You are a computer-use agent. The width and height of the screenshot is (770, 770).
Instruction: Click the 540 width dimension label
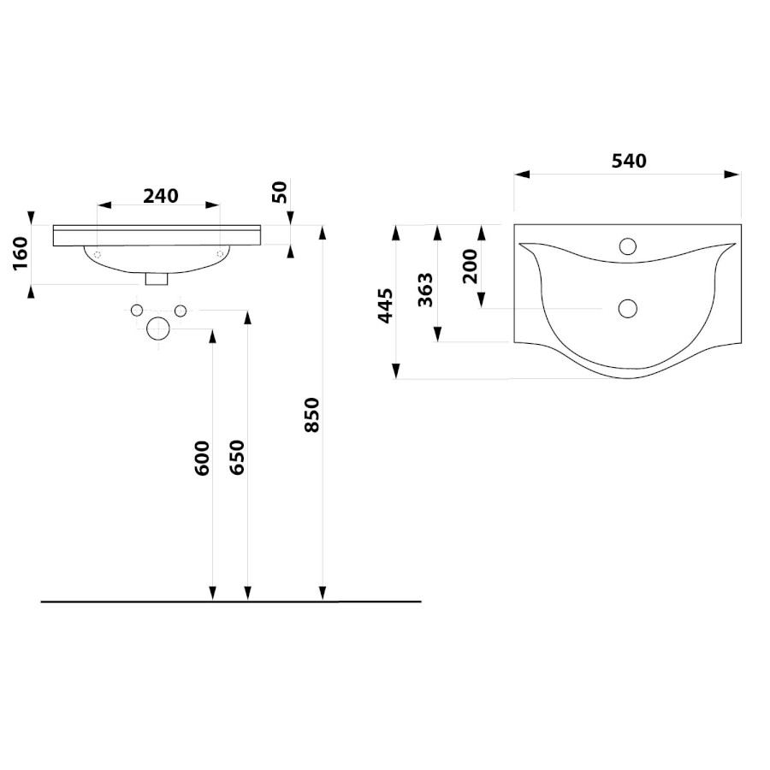point(629,161)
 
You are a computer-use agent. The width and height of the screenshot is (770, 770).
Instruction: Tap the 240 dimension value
point(161,196)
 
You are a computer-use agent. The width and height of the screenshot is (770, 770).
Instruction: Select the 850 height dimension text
point(312,415)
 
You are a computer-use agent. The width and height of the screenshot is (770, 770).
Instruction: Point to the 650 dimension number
point(237,457)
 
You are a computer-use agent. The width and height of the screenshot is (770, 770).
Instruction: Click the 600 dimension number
point(202,459)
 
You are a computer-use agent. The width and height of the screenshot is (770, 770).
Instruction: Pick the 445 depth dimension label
point(386,306)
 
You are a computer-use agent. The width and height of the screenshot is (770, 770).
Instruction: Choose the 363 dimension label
point(425,290)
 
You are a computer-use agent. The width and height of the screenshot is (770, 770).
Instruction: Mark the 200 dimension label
point(470,266)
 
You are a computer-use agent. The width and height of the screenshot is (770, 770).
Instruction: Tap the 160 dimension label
point(21,253)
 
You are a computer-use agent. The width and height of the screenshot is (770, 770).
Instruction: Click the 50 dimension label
point(279,192)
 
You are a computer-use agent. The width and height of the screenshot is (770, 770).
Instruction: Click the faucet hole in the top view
point(628,246)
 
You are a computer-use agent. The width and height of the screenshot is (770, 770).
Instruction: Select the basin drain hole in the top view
point(628,308)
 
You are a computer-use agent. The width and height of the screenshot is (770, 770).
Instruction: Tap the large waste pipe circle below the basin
point(158,329)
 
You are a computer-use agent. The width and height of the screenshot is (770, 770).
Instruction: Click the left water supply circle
point(137,311)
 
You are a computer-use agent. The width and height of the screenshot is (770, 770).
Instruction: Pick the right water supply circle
point(181,311)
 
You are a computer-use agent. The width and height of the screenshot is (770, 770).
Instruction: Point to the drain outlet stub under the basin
point(157,279)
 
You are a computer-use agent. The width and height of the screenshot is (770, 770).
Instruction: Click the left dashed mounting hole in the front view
point(98,254)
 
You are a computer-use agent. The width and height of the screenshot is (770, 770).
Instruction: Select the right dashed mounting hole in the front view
point(220,253)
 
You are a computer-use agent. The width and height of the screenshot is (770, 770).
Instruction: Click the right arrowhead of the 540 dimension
point(732,175)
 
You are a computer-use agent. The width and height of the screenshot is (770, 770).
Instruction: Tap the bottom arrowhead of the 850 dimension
point(323,593)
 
